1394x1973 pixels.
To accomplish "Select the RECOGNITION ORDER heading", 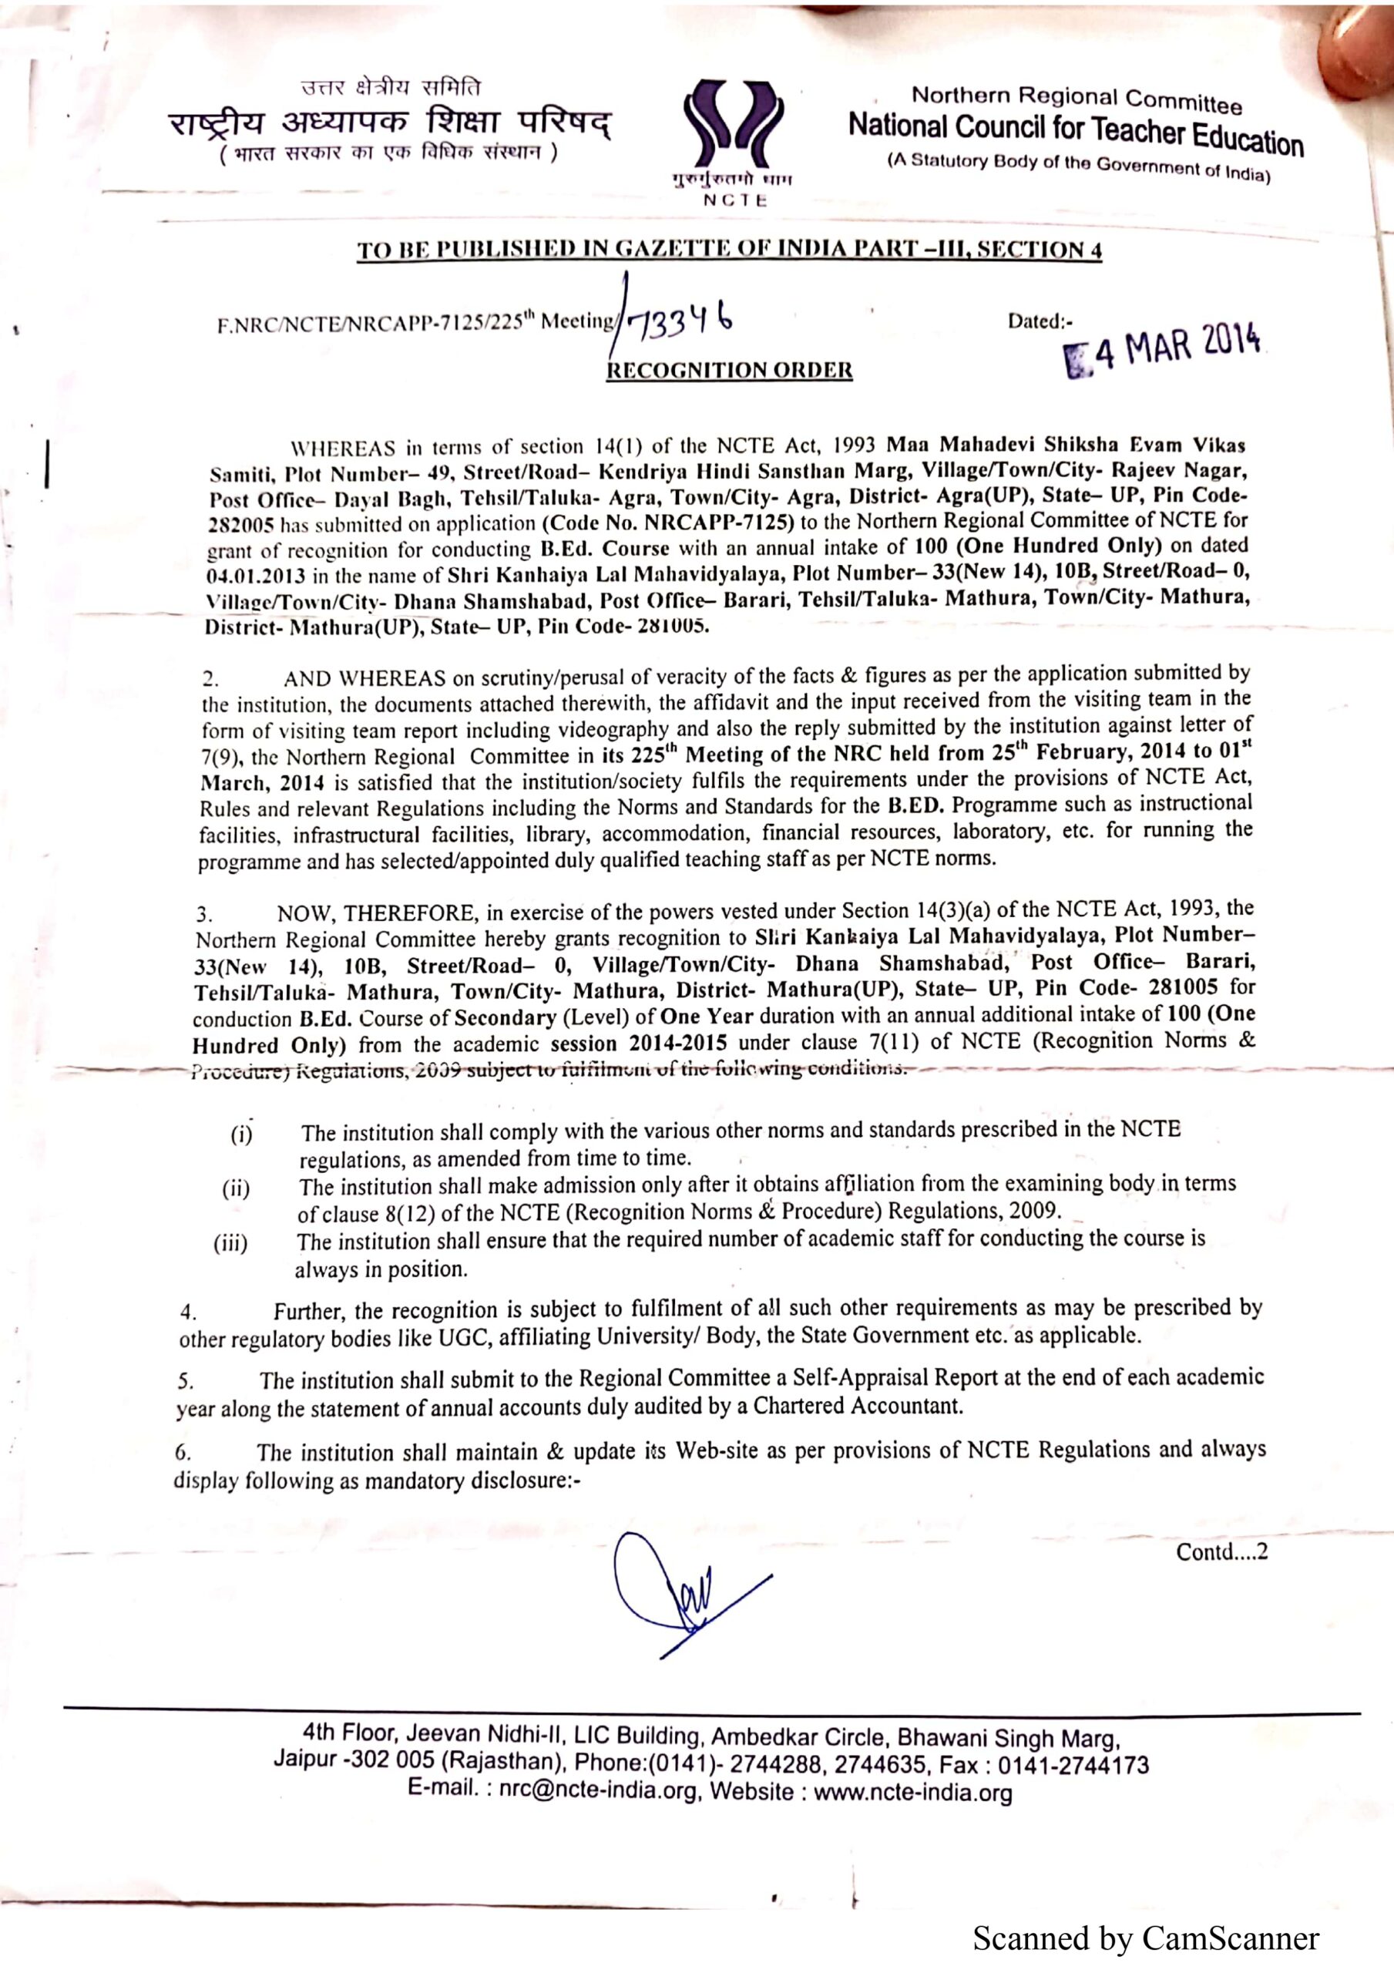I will pos(730,371).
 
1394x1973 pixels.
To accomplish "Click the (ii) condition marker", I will pos(237,1190).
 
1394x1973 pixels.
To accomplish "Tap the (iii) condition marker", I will pos(230,1244).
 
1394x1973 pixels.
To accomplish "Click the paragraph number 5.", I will pos(185,1382).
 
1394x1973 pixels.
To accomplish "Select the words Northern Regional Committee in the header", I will pos(1076,99).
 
